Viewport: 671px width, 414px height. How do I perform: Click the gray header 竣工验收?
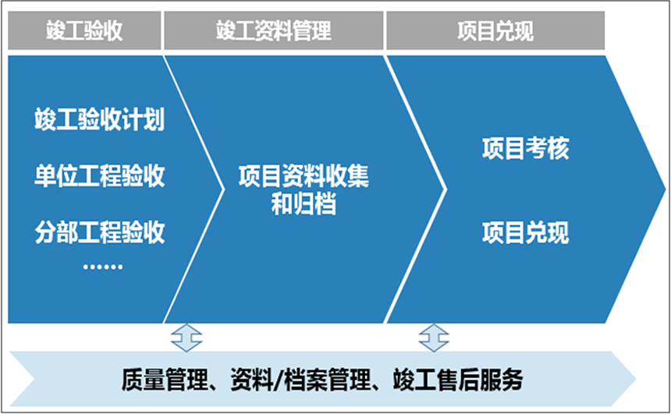pos(84,30)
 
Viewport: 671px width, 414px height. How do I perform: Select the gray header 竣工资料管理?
pos(273,30)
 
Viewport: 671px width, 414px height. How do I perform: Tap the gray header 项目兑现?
pos(495,30)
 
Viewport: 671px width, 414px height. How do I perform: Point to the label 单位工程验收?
pos(99,175)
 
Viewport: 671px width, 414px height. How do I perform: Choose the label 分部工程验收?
pos(99,232)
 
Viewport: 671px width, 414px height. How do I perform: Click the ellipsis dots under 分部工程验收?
pos(103,267)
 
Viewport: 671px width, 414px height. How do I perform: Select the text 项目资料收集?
pos(304,175)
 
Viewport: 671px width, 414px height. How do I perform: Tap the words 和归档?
pos(304,204)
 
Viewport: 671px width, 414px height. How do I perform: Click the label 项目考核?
pos(526,148)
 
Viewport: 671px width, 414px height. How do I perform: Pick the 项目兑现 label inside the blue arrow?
pos(526,232)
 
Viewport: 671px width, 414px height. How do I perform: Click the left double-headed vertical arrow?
pos(186,338)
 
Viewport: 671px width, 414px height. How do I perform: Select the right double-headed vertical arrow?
pos(434,338)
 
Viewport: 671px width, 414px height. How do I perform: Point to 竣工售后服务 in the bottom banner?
pos(458,380)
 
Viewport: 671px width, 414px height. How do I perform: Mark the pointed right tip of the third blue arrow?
pos(666,189)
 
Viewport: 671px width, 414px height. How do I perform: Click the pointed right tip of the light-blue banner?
pos(636,378)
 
